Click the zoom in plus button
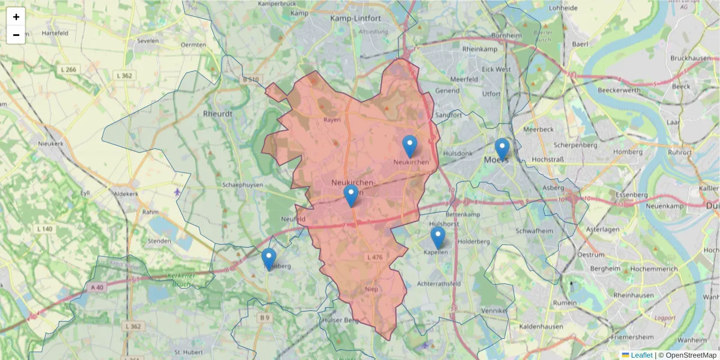click(x=16, y=17)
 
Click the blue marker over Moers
click(x=502, y=149)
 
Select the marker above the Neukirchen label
click(x=410, y=146)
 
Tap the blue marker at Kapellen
click(x=438, y=237)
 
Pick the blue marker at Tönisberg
click(x=269, y=259)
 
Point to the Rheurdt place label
click(x=218, y=113)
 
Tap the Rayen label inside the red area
click(x=332, y=119)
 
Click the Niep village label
click(x=371, y=289)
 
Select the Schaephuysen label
click(x=242, y=185)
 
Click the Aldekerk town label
click(x=125, y=195)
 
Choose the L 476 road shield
click(x=374, y=257)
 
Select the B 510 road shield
click(x=251, y=79)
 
